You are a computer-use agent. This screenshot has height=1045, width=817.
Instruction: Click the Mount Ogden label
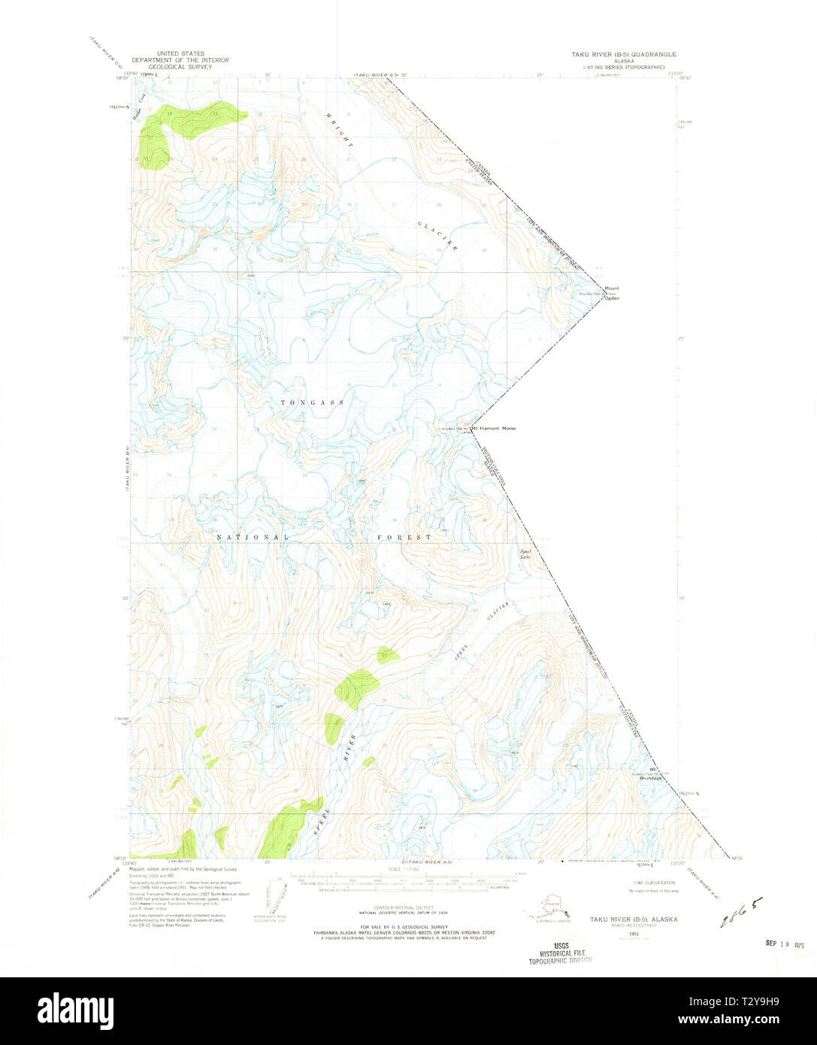click(612, 293)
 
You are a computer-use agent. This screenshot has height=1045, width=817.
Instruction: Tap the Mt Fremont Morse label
click(493, 429)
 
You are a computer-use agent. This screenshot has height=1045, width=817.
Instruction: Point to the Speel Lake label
click(525, 554)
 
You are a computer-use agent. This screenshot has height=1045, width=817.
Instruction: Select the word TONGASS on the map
click(313, 403)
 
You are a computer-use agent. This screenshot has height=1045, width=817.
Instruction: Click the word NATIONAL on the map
click(253, 538)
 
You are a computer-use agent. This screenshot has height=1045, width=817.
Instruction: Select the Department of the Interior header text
click(180, 60)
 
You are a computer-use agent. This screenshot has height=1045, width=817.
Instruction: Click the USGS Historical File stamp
click(560, 953)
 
